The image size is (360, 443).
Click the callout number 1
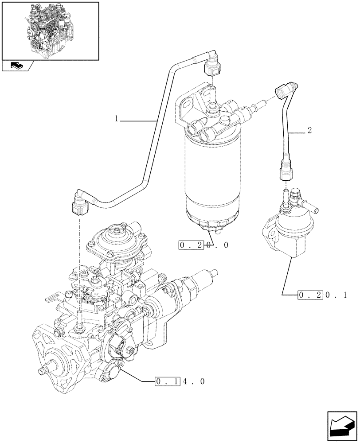116,119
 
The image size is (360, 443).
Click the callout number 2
309,131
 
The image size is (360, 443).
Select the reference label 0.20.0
204,245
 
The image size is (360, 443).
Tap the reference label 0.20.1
322,294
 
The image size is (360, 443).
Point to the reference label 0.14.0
180,381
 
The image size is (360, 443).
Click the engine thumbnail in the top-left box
50,30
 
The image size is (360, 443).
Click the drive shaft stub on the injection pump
44,370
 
